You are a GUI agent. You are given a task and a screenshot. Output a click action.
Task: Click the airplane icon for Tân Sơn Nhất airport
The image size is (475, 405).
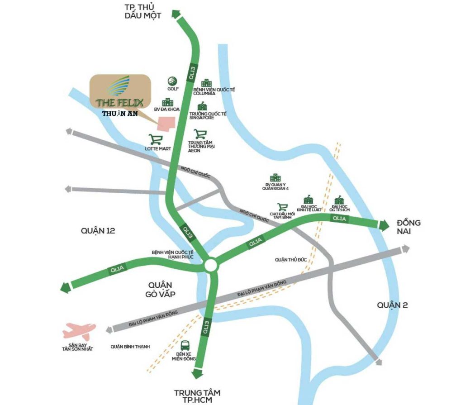(79, 331)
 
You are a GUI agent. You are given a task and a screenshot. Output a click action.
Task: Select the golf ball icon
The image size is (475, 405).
(172, 81)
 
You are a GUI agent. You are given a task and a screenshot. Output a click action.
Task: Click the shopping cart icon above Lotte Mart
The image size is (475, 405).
(156, 139)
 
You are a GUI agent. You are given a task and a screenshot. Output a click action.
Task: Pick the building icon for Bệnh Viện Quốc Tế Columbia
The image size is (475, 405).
(207, 83)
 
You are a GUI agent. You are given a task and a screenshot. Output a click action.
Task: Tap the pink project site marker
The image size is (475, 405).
(166, 124)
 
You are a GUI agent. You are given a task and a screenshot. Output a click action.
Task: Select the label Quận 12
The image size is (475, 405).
(98, 231)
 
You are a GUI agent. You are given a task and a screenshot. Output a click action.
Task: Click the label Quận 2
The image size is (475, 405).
(393, 305)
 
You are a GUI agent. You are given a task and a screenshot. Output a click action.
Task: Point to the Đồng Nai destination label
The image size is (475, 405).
(408, 227)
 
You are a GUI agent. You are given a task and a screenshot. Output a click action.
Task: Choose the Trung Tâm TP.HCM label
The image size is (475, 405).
(197, 396)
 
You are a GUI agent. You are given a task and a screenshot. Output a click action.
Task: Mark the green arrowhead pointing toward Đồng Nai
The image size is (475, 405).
(384, 225)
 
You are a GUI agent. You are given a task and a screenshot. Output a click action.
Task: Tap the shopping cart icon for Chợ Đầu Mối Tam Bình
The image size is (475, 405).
(283, 207)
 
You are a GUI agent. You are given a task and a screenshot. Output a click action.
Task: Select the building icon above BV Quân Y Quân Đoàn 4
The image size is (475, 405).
(275, 178)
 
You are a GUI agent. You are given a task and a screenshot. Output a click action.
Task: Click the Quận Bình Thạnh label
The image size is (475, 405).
(130, 347)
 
